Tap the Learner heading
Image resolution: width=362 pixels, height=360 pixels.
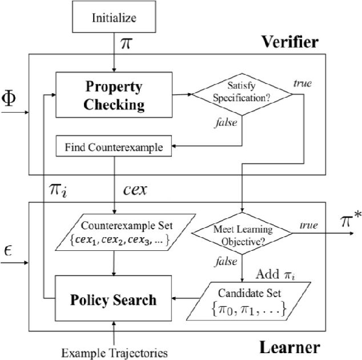(x=290, y=346)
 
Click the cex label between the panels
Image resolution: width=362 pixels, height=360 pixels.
(x=135, y=190)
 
